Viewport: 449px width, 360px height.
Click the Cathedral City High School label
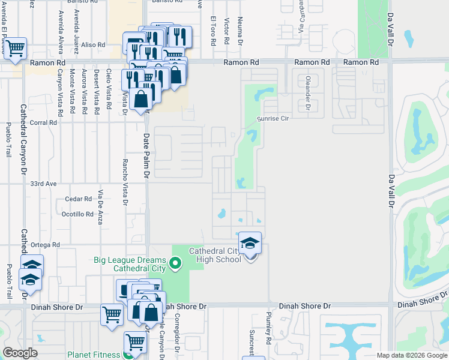tap(215, 255)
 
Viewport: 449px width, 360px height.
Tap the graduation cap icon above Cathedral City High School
tap(250, 242)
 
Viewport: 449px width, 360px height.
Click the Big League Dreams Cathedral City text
tap(130, 265)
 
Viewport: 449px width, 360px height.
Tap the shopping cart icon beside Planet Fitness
tap(135, 343)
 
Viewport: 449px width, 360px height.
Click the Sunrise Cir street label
tap(273, 119)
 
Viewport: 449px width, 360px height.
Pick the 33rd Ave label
tap(43, 184)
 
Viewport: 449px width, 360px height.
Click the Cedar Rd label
tap(79, 199)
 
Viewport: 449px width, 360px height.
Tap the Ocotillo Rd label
tap(77, 214)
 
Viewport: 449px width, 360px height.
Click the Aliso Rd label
tap(93, 45)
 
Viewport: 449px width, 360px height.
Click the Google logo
tap(20, 353)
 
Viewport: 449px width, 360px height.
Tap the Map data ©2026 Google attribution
tap(412, 355)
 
